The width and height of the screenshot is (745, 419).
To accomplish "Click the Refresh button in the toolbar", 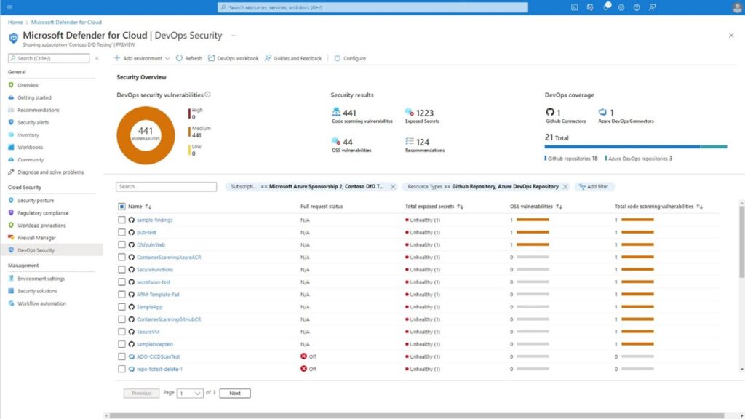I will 189,58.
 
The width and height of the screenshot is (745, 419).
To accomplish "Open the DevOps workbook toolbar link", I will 234,58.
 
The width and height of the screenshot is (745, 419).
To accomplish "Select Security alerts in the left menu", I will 33,122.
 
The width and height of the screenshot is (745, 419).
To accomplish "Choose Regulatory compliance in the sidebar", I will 43,213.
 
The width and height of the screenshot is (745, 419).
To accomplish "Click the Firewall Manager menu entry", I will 36,238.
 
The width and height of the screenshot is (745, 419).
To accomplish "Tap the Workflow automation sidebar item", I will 41,303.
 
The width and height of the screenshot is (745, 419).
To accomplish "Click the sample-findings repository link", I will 154,220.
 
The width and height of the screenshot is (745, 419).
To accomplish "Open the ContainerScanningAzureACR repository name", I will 168,257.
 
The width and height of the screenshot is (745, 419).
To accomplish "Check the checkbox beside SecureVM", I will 121,332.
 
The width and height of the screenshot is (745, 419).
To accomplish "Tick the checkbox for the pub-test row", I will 121,232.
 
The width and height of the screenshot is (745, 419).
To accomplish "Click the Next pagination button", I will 234,393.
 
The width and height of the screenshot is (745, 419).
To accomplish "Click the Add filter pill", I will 594,187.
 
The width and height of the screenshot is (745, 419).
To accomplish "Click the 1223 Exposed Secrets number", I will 425,113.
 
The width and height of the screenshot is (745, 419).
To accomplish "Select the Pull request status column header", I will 321,207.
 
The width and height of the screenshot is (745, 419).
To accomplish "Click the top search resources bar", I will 372,7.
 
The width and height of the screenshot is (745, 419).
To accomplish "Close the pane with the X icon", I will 731,35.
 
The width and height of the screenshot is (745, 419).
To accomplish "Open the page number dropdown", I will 190,393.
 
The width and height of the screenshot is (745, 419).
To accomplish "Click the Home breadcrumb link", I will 15,23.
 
